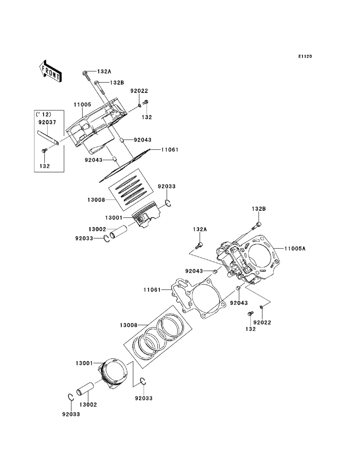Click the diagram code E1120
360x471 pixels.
pos(305,56)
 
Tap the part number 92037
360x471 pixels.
pos(47,122)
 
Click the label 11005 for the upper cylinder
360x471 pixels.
pos(82,104)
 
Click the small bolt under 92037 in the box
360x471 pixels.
pos(44,151)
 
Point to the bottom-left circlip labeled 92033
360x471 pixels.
pos(71,398)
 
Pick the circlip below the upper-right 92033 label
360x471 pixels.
pos(168,203)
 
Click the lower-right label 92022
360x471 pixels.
pos(262,322)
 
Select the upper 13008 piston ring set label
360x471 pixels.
pos(96,200)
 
